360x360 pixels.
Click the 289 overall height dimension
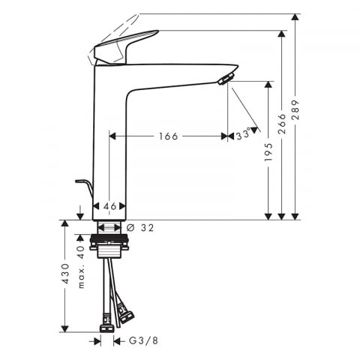(295, 109)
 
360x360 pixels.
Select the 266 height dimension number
(282, 124)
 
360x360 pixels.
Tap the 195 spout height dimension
(268, 152)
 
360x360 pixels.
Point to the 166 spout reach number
(169, 136)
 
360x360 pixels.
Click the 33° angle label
(243, 134)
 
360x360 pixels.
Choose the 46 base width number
(110, 206)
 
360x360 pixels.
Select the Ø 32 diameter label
(140, 228)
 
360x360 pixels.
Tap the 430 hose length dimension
(65, 273)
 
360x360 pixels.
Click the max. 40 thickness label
(81, 267)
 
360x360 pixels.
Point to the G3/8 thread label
(143, 340)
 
